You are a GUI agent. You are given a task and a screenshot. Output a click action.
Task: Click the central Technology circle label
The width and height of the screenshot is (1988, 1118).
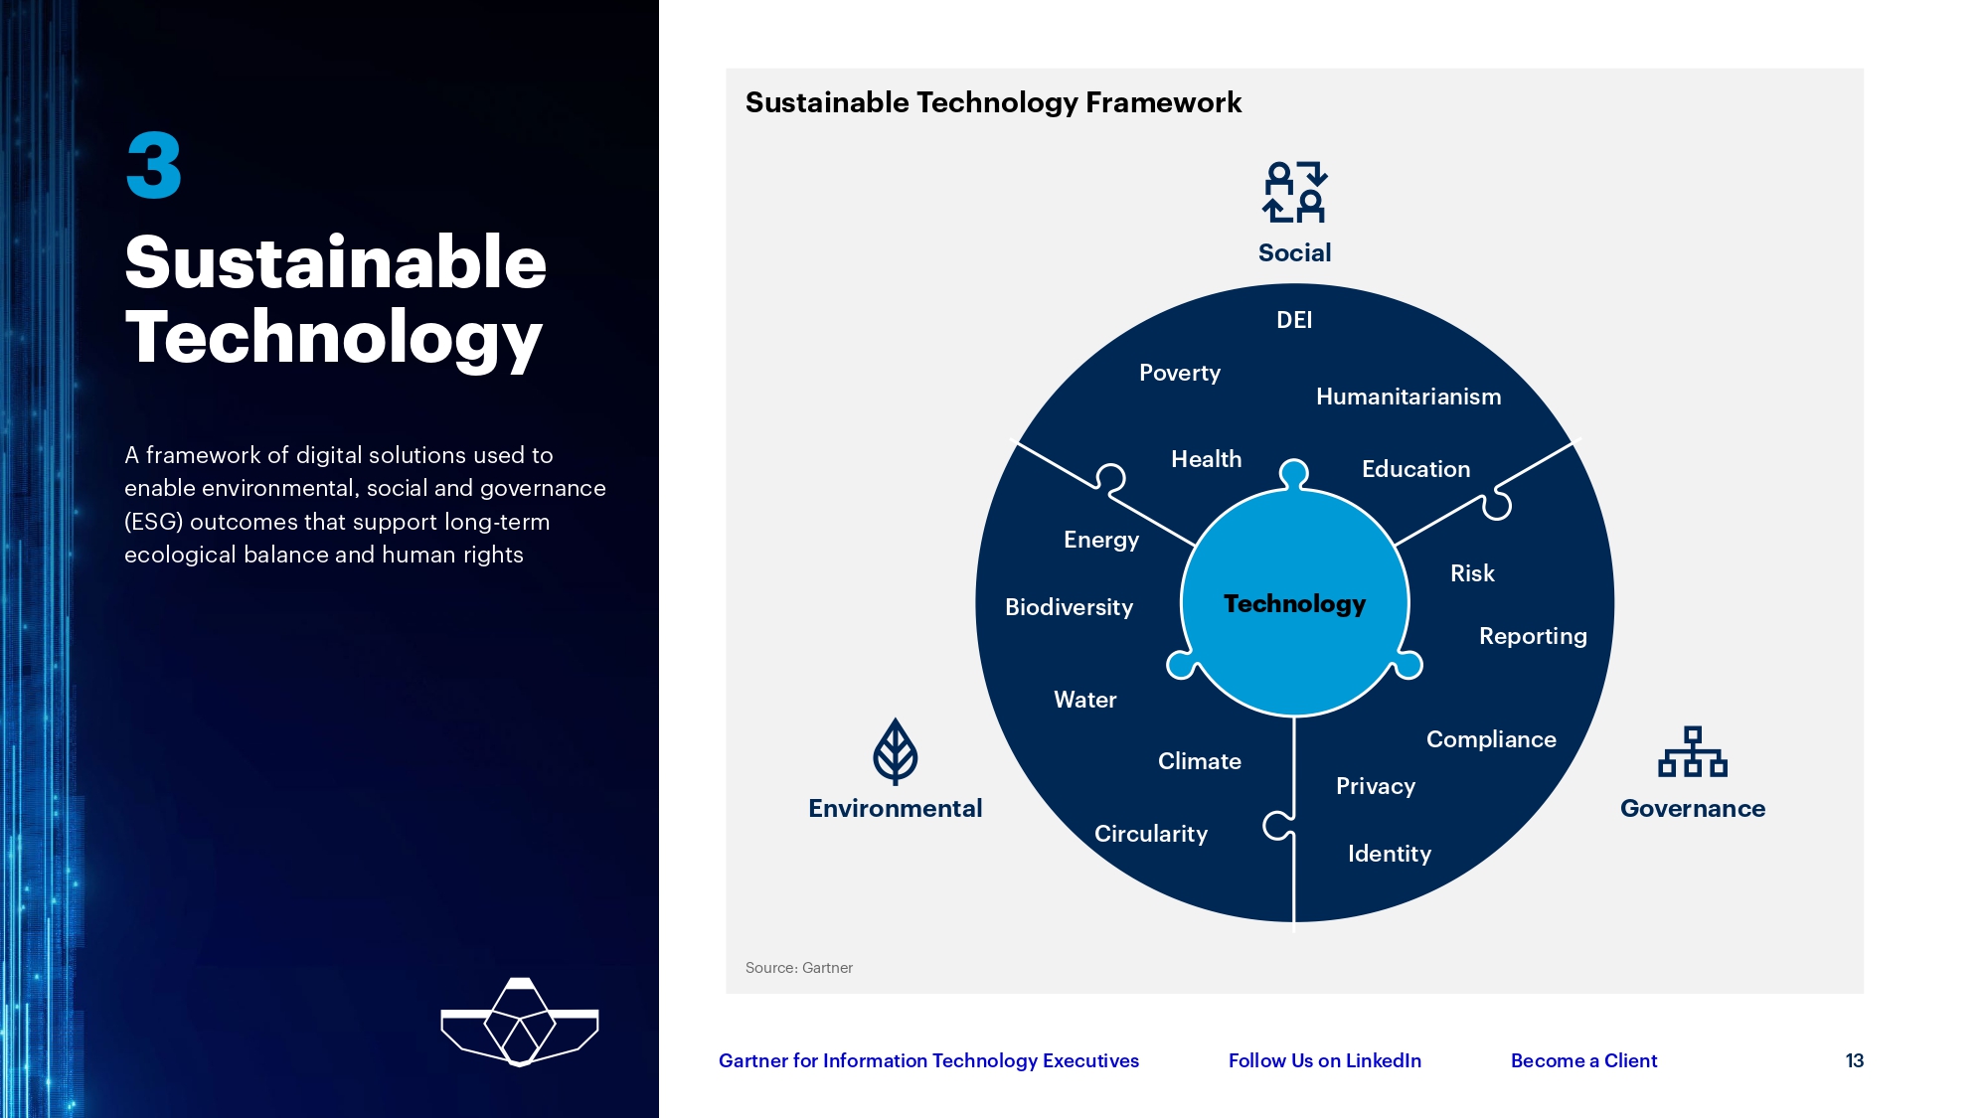click(1294, 603)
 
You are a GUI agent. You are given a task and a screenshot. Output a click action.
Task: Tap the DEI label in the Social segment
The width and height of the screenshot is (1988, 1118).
click(1294, 320)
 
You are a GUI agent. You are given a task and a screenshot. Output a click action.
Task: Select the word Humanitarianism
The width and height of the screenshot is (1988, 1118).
click(1408, 397)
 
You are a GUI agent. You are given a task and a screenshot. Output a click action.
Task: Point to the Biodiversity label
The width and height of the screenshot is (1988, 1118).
click(1069, 607)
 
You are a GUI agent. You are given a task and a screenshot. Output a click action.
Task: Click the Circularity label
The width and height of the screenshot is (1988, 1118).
click(1151, 834)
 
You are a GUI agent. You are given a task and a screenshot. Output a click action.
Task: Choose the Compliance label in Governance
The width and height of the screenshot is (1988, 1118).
click(1491, 739)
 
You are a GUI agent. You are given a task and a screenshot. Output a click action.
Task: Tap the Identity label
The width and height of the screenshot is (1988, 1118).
click(1390, 854)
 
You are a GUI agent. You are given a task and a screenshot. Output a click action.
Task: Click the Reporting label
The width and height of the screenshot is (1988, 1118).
click(1533, 636)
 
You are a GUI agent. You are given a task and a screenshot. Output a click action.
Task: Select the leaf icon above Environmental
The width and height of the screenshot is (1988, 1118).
click(895, 751)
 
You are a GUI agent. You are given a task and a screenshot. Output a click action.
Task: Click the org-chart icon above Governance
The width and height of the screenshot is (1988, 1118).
click(1692, 752)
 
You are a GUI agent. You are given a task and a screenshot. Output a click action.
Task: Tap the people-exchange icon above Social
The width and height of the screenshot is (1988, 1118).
click(1294, 192)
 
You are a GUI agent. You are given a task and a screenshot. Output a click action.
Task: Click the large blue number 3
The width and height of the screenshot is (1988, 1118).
click(154, 166)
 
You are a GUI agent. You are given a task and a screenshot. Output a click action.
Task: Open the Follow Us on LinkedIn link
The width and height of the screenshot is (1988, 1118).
click(1324, 1060)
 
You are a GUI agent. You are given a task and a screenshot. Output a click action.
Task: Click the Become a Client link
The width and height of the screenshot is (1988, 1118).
click(1583, 1060)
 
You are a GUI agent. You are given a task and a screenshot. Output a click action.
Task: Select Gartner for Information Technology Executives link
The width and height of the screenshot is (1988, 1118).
click(928, 1060)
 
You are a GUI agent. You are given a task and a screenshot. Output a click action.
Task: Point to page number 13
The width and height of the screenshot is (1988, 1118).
click(1854, 1060)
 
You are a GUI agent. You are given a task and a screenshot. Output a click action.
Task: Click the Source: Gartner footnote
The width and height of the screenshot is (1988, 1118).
click(798, 968)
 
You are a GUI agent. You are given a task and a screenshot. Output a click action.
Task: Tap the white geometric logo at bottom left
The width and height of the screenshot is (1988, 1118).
click(519, 1023)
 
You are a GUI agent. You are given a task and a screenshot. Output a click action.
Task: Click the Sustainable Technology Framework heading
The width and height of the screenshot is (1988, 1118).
click(993, 102)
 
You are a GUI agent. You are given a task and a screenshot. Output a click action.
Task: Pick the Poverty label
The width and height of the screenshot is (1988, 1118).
click(1179, 373)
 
